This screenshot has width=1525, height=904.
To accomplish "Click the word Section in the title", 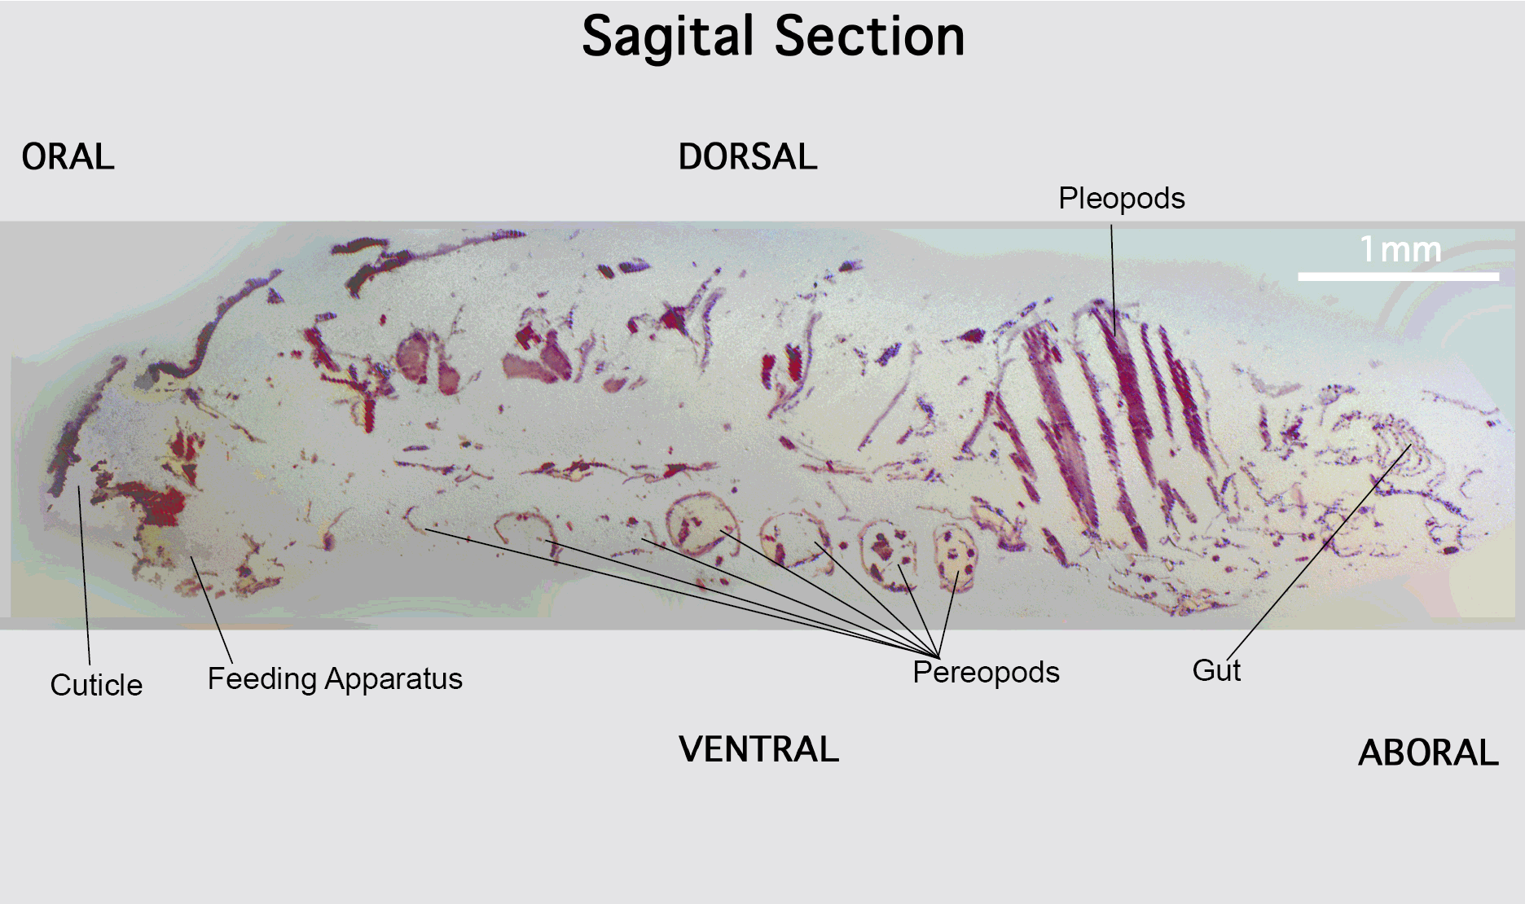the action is pos(869,37).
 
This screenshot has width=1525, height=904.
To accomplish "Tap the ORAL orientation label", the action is pos(68,156).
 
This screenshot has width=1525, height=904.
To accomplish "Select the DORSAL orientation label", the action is pos(748,156).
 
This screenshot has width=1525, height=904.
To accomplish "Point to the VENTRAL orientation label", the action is pos(758,749).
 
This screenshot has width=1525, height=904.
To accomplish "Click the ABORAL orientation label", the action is pos(1428,753).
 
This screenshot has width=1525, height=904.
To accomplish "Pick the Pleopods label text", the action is pos(1122,199).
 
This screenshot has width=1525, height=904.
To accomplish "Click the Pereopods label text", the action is pos(986,672).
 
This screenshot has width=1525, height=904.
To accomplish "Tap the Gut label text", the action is pos(1216,670).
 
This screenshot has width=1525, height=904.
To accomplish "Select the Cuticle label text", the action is pos(96,685).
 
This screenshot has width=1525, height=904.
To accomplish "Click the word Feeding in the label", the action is pos(261,679).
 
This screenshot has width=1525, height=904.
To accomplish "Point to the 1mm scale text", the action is pos(1400,249).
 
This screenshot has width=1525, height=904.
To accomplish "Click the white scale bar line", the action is pos(1398,277).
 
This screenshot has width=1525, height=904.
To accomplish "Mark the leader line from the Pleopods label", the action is pos(1114,280).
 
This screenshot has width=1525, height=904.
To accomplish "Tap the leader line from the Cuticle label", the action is pos(84,575).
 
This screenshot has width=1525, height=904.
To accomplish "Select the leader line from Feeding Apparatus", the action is pos(211,609).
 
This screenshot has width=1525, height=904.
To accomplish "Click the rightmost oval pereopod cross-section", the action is pos(955,558).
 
